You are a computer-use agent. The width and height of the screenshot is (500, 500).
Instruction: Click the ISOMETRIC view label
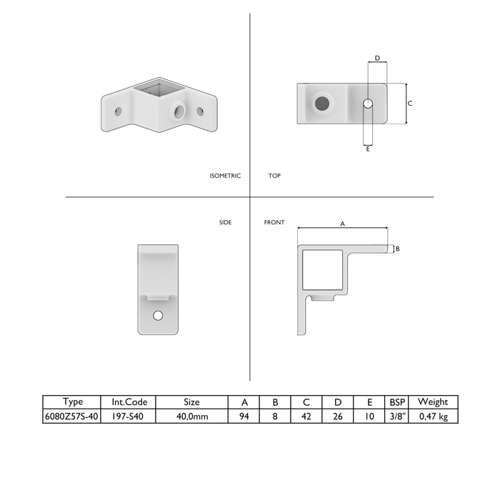(x=225, y=176)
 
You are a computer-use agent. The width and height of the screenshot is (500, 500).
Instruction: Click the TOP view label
(x=274, y=176)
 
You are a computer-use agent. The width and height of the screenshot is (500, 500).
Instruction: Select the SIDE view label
(x=226, y=222)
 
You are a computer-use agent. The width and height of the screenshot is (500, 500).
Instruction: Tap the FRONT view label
(x=274, y=222)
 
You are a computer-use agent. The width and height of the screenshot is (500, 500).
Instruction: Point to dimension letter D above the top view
(x=378, y=58)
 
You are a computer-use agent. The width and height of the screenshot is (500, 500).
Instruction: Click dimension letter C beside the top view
(x=410, y=104)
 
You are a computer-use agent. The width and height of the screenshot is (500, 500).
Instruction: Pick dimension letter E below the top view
(x=368, y=149)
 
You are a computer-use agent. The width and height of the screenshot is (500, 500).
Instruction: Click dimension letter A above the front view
(x=342, y=224)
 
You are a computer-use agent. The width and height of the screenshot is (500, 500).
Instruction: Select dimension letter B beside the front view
(x=398, y=249)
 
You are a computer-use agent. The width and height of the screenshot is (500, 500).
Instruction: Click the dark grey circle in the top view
(x=322, y=104)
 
